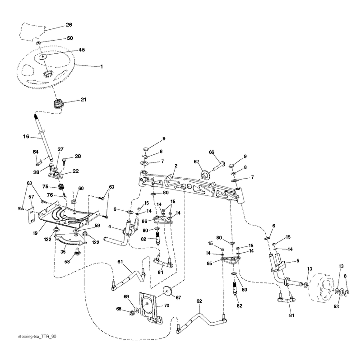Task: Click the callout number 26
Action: coord(69,25)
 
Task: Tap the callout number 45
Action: coord(82,50)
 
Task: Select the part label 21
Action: coord(83,99)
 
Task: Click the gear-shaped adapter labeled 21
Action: coord(58,104)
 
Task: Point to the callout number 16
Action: coord(26,137)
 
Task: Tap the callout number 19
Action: coord(35,233)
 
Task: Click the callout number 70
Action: coord(167,305)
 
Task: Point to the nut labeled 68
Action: coord(132,313)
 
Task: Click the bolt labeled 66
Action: coord(218,166)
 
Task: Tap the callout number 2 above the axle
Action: coord(176,166)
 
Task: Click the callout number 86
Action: coord(144,222)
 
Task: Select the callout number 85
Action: coord(209,263)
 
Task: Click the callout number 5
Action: coord(298,261)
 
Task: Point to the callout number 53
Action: coord(336,306)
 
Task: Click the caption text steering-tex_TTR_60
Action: coord(37,337)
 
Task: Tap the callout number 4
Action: coord(110,227)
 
